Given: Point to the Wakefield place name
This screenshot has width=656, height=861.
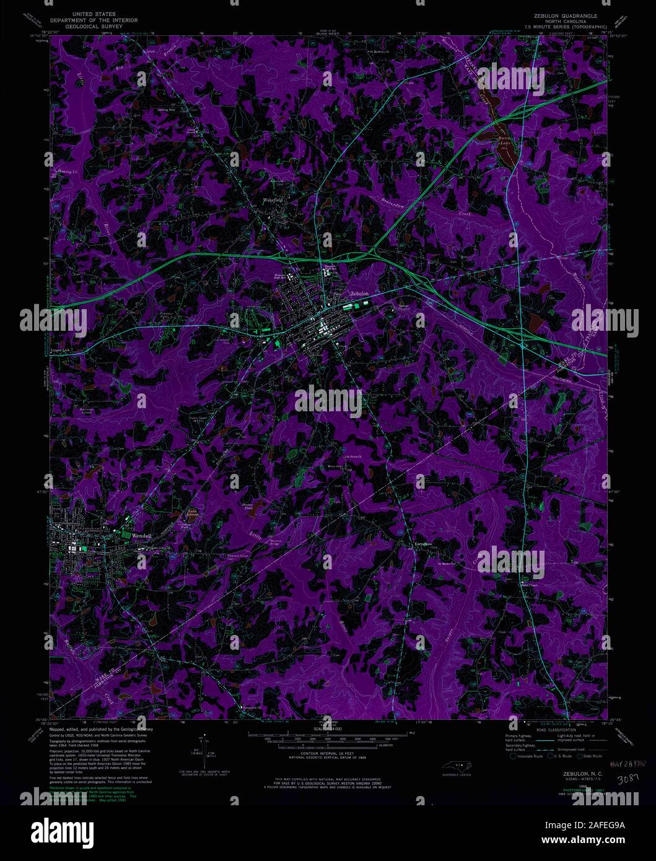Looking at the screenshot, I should [x=271, y=200].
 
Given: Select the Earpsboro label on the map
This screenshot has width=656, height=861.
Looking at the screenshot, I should [x=423, y=545].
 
